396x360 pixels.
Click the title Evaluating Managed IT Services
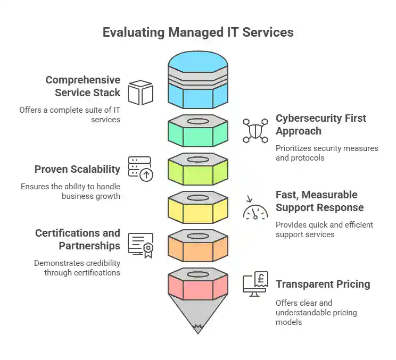click(197, 32)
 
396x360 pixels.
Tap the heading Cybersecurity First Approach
click(320, 124)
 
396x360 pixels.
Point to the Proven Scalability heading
click(77, 169)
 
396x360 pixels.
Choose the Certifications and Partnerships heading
click(78, 239)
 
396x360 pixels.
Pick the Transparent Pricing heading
click(323, 284)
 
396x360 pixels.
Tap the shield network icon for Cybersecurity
click(255, 130)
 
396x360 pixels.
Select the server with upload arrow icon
click(140, 169)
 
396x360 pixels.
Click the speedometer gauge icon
click(255, 208)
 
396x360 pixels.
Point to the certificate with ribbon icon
click(141, 245)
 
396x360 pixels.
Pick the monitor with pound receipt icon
click(255, 284)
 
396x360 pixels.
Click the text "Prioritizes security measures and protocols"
click(326, 153)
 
